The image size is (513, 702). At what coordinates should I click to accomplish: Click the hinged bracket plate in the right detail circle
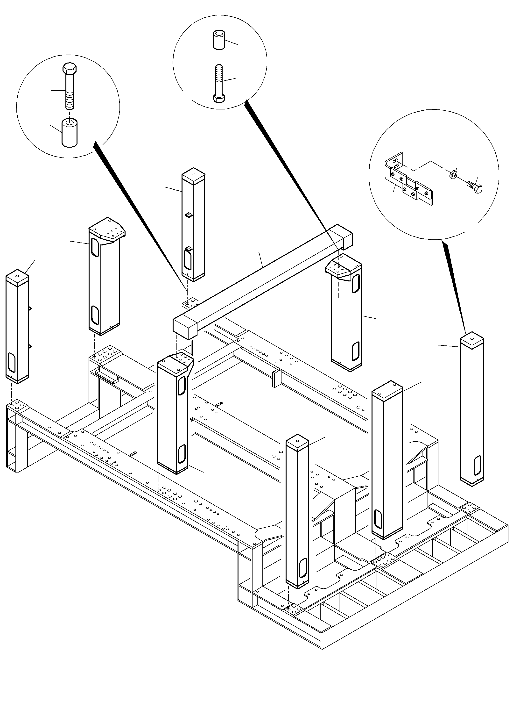click(407, 183)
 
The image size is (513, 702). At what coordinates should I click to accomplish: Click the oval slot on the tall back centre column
click(187, 260)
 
